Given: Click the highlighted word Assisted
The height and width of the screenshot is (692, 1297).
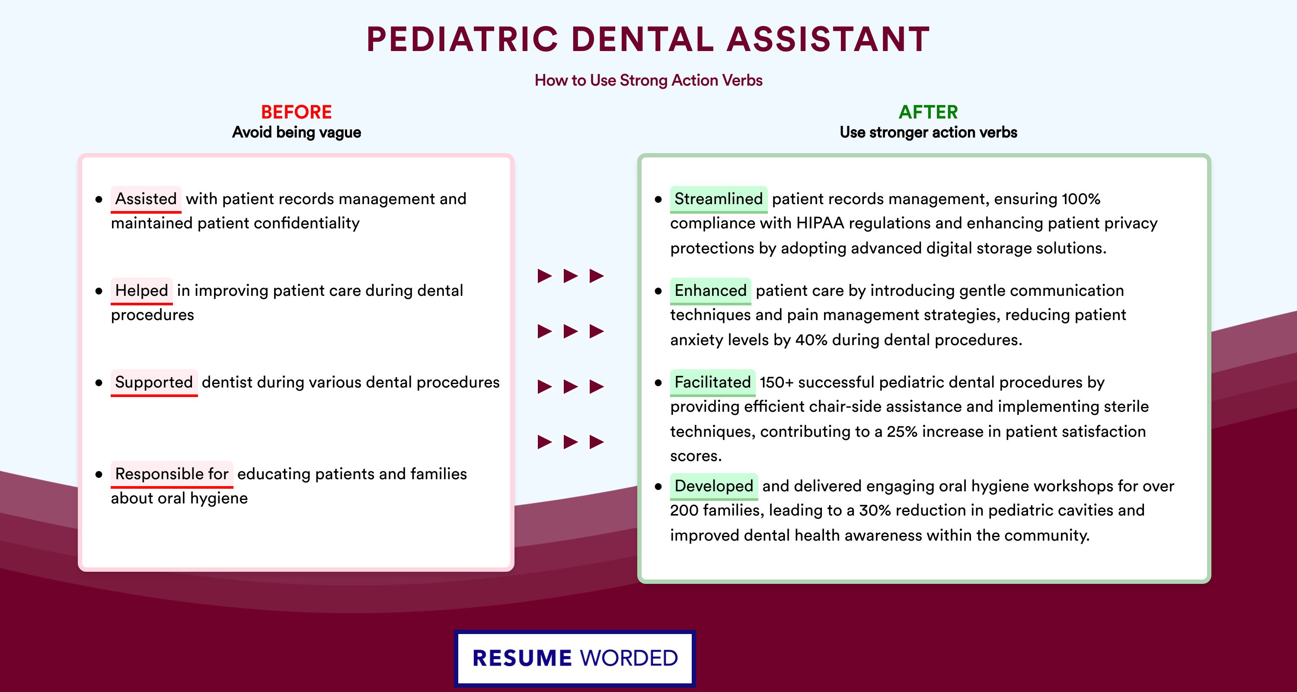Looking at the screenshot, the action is pyautogui.click(x=146, y=199).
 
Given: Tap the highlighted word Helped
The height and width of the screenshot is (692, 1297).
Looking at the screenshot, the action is pyautogui.click(x=141, y=291).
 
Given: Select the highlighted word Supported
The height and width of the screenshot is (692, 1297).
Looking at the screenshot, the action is pyautogui.click(x=154, y=382).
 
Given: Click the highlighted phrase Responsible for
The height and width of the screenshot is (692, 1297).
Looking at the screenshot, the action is pyautogui.click(x=172, y=474).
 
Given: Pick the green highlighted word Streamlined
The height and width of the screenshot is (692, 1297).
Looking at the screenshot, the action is pyautogui.click(x=719, y=199).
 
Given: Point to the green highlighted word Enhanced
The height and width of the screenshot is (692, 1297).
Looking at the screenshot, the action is pyautogui.click(x=710, y=291).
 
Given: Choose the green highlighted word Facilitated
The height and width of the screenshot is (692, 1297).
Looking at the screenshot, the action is pyautogui.click(x=712, y=382).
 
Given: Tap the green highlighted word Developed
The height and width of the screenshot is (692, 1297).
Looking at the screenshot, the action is pyautogui.click(x=714, y=486).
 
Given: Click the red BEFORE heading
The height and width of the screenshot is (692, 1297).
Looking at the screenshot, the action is pyautogui.click(x=297, y=112).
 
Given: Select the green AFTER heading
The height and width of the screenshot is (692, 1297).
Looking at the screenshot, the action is pyautogui.click(x=929, y=112).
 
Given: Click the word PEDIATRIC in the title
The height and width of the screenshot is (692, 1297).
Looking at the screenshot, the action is pyautogui.click(x=462, y=39).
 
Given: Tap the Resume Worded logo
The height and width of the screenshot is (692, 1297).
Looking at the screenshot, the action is pyautogui.click(x=575, y=658).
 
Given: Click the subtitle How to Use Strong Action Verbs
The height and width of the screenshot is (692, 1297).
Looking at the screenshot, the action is pyautogui.click(x=648, y=80).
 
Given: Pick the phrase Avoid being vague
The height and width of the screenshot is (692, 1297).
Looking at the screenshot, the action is pyautogui.click(x=297, y=132).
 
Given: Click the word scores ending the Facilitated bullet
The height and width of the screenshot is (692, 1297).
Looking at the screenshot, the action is pyautogui.click(x=696, y=456).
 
